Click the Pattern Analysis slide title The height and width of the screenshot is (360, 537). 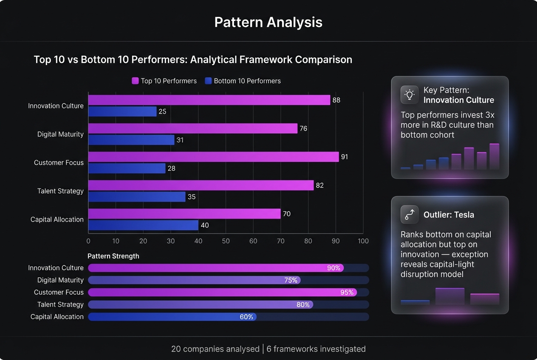point(268,22)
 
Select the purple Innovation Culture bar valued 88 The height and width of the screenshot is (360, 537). point(209,100)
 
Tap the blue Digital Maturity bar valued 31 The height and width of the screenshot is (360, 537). point(131,140)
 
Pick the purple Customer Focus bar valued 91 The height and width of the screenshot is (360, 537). point(213,157)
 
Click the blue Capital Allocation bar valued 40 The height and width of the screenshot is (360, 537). point(143,225)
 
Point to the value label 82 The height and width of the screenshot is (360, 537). point(319,186)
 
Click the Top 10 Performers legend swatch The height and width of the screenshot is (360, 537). point(136,81)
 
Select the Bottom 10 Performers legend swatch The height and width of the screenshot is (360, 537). point(208,81)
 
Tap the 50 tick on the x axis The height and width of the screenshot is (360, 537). point(226,241)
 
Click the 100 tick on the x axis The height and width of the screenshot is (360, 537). point(363,241)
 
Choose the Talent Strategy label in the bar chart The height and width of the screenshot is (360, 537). point(60,191)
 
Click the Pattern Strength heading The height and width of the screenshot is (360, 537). point(113,256)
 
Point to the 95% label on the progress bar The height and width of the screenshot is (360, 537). point(347,292)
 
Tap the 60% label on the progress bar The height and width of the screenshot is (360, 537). point(246,317)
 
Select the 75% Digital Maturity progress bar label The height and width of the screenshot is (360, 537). point(291,280)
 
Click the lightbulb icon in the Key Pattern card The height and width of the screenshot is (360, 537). point(410,95)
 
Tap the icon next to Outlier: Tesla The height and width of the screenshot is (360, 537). point(410,214)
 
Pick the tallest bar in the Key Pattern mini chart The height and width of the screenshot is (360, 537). point(494,156)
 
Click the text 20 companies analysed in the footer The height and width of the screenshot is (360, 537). point(215,349)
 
